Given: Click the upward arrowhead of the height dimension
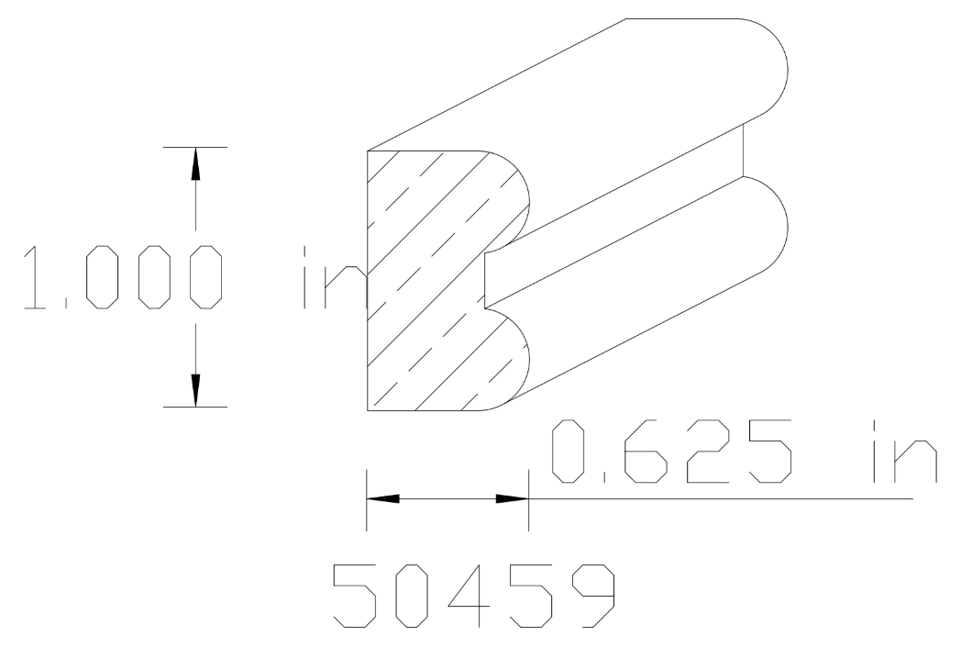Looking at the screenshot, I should tap(194, 163).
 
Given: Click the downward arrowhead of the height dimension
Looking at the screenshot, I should tap(194, 389).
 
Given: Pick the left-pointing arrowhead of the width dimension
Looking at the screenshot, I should tap(383, 499).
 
